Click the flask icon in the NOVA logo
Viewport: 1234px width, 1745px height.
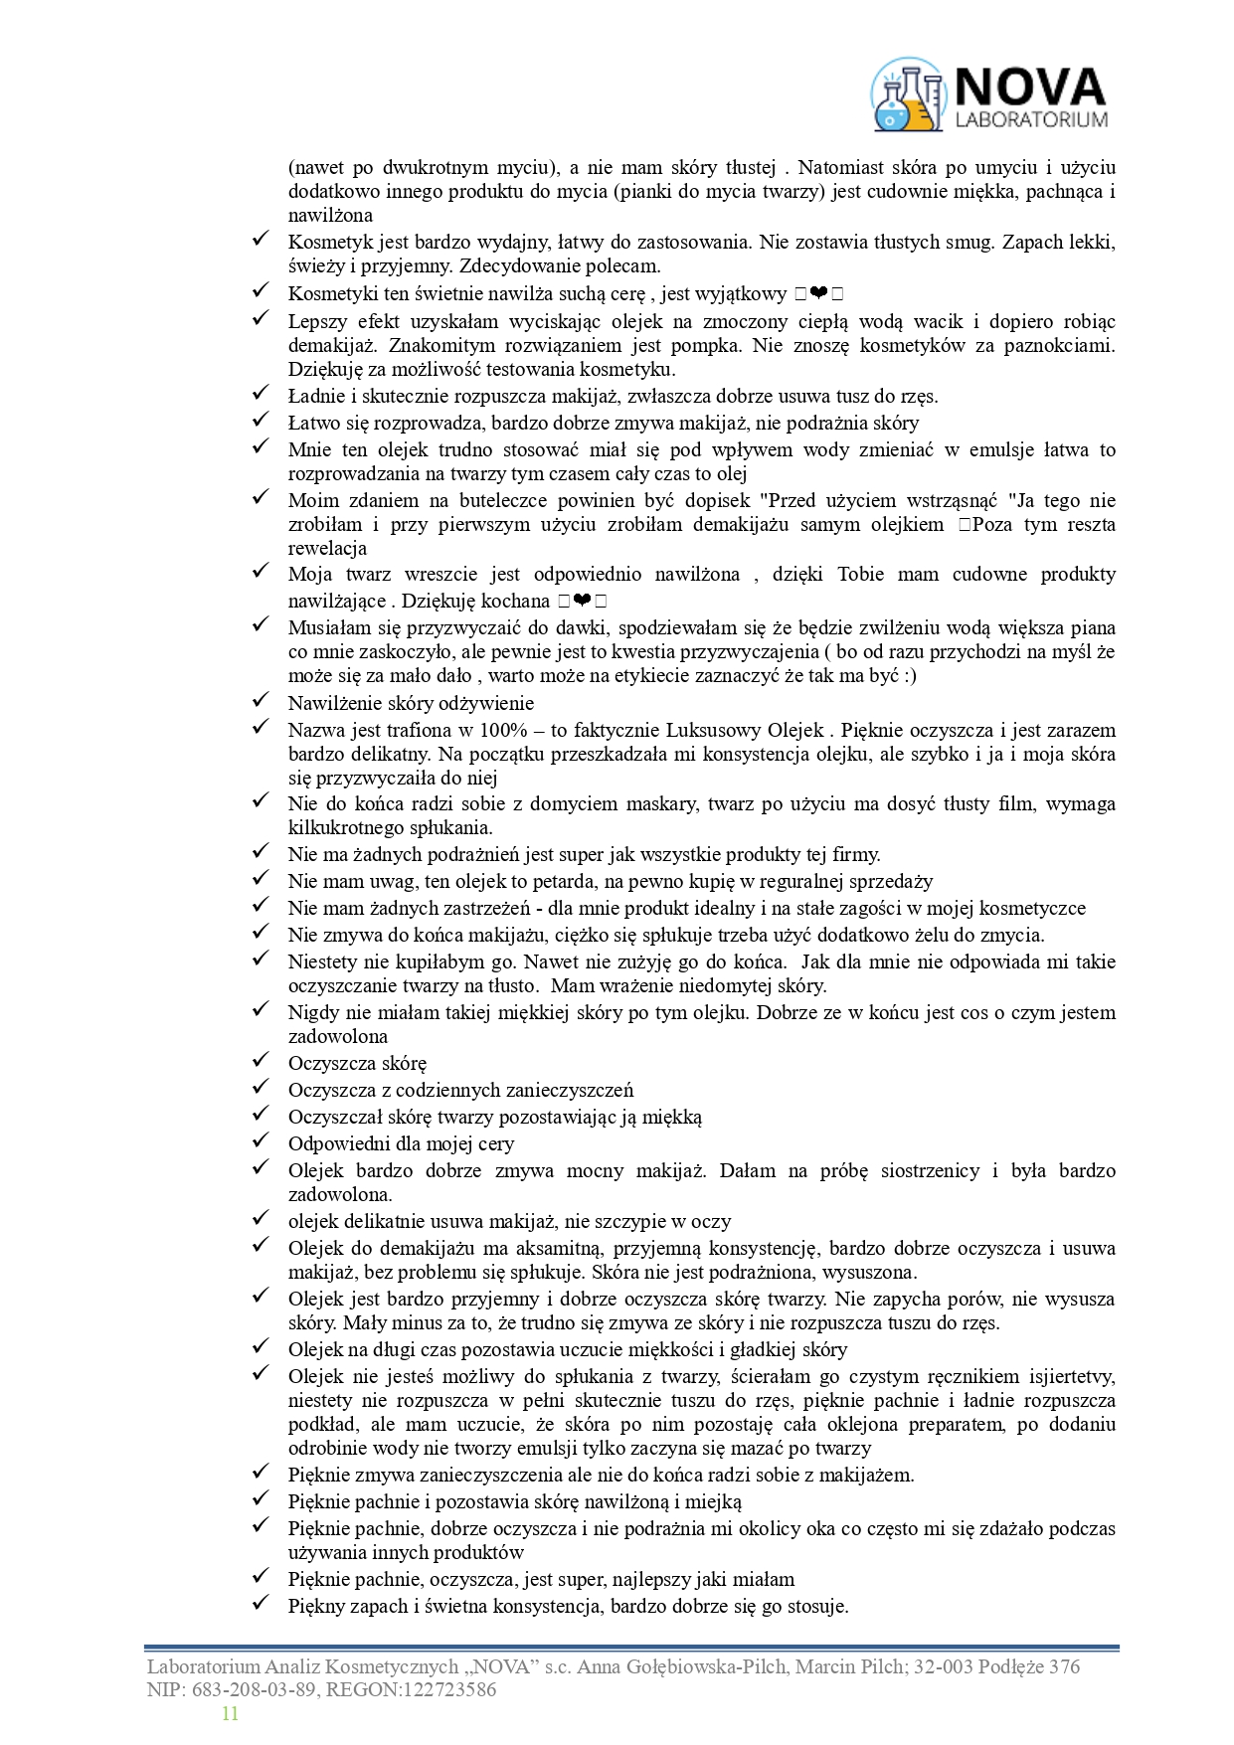(907, 95)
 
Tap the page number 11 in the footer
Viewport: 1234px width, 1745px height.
(230, 1713)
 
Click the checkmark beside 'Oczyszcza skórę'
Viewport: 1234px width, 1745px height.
(261, 1061)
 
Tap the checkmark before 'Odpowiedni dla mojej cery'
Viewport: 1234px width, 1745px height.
(261, 1141)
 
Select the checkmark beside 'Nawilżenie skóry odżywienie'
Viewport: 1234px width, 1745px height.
(261, 701)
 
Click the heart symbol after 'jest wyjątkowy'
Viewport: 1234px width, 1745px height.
(819, 293)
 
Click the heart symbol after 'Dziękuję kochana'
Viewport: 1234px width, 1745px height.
(583, 600)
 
